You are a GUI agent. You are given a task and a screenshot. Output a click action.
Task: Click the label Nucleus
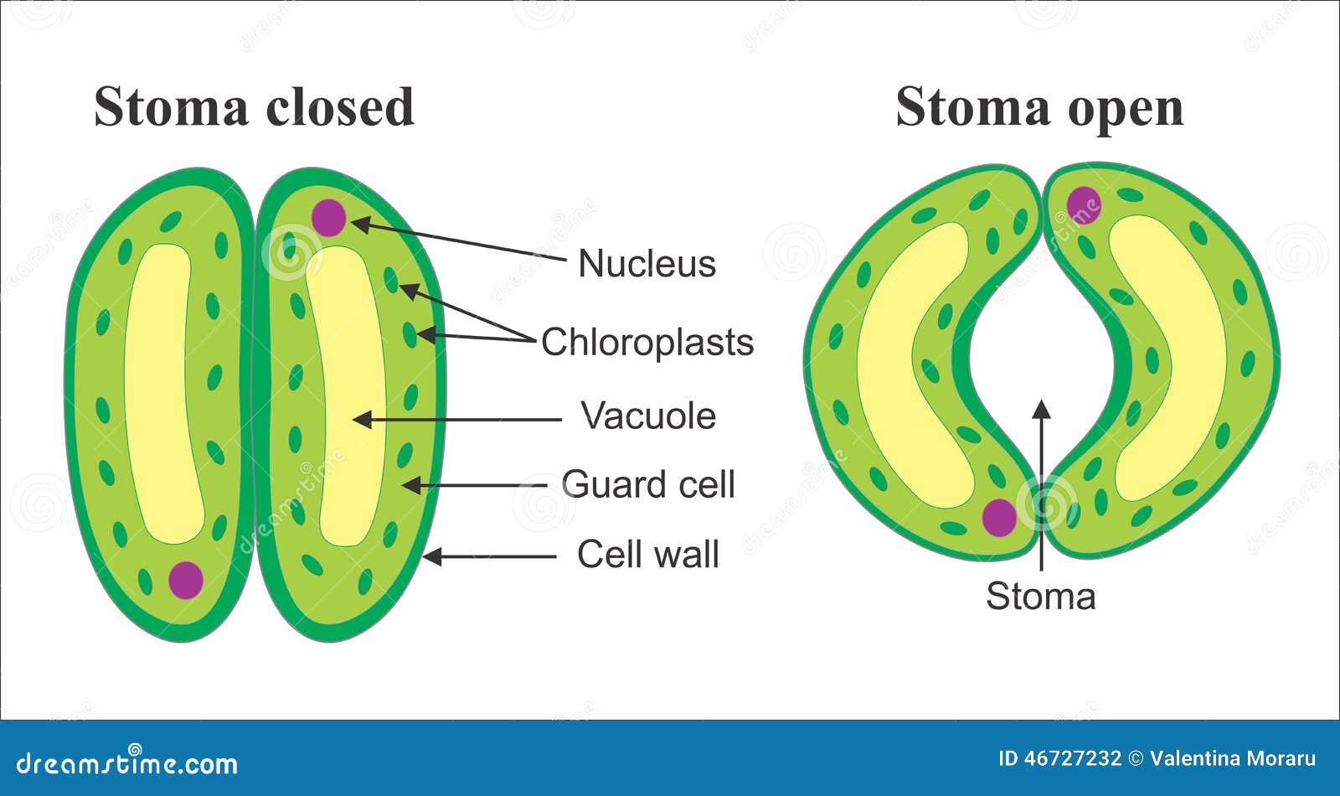(x=647, y=263)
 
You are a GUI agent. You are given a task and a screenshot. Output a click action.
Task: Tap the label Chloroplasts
(x=647, y=343)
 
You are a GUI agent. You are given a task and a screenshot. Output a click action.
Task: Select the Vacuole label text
(x=648, y=416)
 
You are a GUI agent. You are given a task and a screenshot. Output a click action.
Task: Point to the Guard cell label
(x=648, y=483)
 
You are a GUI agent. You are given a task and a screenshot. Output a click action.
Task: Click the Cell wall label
(x=648, y=554)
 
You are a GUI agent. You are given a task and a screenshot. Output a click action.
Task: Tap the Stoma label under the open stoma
(x=1041, y=596)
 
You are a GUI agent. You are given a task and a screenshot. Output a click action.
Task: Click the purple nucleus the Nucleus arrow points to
(x=328, y=217)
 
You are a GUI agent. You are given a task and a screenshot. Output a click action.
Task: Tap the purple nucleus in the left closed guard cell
(x=186, y=580)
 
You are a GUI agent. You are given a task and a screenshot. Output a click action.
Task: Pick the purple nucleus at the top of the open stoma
(x=1084, y=204)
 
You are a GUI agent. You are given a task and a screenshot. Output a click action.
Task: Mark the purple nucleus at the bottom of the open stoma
(x=999, y=518)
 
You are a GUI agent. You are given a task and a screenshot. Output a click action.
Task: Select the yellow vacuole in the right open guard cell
(x=1167, y=359)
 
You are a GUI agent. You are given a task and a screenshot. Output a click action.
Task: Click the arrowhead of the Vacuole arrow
(x=361, y=420)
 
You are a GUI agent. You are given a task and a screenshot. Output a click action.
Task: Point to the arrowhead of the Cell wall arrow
(x=432, y=556)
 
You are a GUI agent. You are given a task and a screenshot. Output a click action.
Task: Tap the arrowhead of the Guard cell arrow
(x=410, y=485)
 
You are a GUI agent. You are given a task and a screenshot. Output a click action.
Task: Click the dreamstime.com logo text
(x=126, y=763)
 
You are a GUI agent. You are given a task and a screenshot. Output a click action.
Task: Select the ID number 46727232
(x=1073, y=759)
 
